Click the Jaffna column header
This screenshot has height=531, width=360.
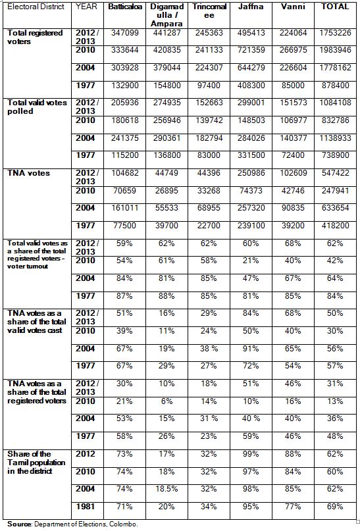tap(251, 7)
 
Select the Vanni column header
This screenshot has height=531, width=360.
tap(293, 7)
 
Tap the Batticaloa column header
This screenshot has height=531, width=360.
tap(125, 7)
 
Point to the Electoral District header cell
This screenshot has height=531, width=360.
tap(36, 7)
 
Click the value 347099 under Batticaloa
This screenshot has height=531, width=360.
tap(125, 33)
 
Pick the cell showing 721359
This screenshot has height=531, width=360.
tap(251, 50)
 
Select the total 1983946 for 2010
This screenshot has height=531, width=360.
tap(335, 50)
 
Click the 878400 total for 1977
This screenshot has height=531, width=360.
tap(335, 86)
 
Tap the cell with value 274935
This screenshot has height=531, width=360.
tap(167, 103)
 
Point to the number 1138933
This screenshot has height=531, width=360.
tap(335, 138)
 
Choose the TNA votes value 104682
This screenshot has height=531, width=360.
tap(125, 172)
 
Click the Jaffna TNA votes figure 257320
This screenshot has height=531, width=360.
tap(251, 208)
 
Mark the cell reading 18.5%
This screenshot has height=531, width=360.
tap(167, 489)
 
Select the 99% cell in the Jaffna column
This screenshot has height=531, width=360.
tap(251, 454)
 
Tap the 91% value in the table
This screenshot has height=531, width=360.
tap(251, 349)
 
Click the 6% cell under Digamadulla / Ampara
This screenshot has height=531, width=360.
tap(167, 401)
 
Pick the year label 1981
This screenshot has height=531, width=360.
tap(86, 507)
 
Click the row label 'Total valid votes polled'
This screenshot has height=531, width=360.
tap(37, 107)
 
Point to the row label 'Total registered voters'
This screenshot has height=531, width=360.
tap(35, 38)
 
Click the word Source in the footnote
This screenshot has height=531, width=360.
tap(19, 524)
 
